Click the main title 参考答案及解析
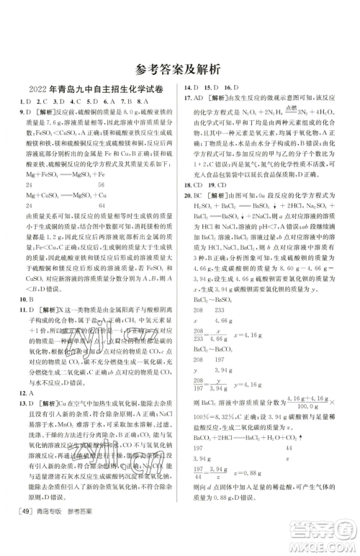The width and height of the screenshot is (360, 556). pyautogui.click(x=179, y=71)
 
